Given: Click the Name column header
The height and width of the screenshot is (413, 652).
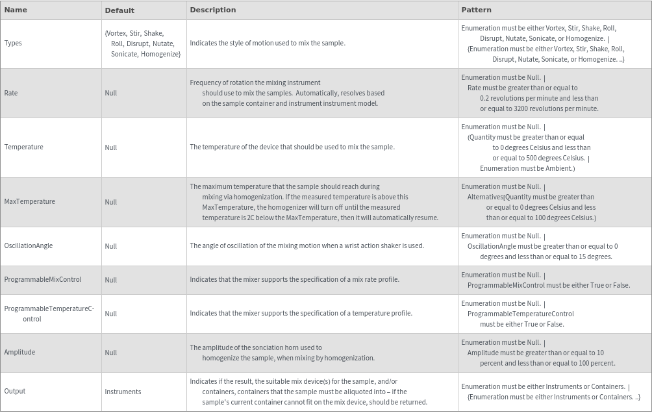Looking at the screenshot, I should (x=16, y=10).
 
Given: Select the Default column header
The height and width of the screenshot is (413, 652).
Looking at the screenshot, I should (x=119, y=10).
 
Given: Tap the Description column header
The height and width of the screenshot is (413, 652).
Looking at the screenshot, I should (x=212, y=10).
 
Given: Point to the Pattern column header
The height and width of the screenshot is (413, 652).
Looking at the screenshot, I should (x=476, y=10).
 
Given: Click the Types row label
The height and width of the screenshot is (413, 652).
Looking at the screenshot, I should (x=13, y=44).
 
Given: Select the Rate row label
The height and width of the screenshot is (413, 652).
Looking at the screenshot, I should (x=11, y=93).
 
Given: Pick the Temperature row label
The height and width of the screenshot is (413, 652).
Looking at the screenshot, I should (x=23, y=147).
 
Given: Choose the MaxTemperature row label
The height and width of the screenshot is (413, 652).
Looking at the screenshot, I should (x=29, y=201).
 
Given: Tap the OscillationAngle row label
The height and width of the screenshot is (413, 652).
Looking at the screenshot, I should (x=29, y=245).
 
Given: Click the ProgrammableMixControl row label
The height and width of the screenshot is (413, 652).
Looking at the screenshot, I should (x=43, y=279).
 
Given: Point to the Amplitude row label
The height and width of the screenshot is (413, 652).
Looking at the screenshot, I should (x=19, y=352).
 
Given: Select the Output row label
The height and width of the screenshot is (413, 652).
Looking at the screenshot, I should (x=14, y=391).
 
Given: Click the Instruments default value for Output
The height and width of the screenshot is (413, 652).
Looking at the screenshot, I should (x=123, y=392).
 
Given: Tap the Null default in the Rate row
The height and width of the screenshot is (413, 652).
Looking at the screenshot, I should (x=111, y=93).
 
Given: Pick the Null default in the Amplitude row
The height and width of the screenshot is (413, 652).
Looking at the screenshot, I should (x=111, y=353).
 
